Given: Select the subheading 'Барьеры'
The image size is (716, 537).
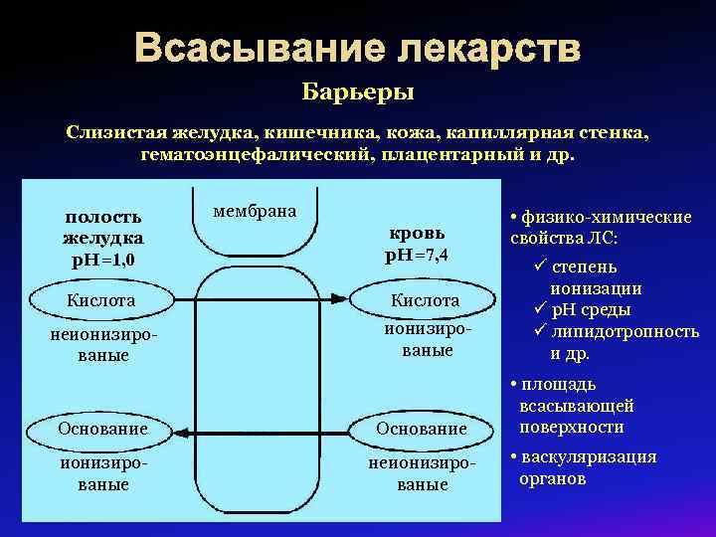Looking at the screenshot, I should [x=358, y=93].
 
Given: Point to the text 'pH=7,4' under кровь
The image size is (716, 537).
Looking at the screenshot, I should [x=416, y=255].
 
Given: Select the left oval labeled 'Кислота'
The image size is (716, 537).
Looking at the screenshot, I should [x=100, y=299].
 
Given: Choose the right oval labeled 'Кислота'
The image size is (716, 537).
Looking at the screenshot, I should [x=425, y=299].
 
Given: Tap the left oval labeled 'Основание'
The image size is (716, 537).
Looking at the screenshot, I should [x=102, y=429].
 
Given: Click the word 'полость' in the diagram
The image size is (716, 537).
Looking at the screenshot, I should [x=103, y=217].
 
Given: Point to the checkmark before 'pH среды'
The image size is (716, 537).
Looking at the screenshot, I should [x=540, y=310].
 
